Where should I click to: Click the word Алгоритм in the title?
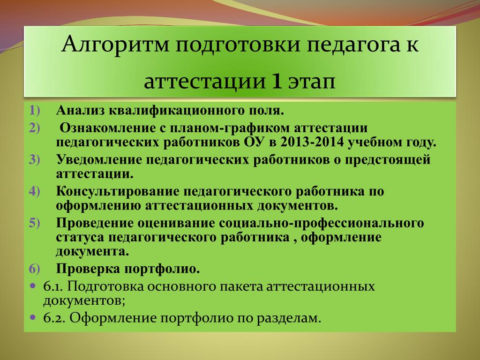tap(115, 45)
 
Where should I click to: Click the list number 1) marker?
tap(35, 111)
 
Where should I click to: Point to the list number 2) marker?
tap(35, 128)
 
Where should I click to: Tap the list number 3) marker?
tap(35, 160)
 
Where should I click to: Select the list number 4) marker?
tap(35, 192)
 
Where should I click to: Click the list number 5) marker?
tap(35, 223)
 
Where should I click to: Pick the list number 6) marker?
tap(35, 269)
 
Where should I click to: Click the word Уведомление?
tap(99, 160)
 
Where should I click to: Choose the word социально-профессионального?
tap(322, 224)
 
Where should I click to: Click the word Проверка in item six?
tap(88, 269)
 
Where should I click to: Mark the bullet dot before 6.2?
tap(33, 317)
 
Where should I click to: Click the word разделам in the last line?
tap(288, 319)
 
